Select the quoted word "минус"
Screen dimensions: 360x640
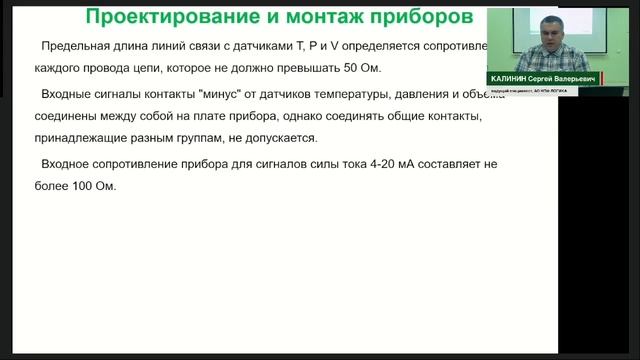coord(223,94)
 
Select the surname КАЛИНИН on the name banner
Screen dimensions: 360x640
coord(515,78)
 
